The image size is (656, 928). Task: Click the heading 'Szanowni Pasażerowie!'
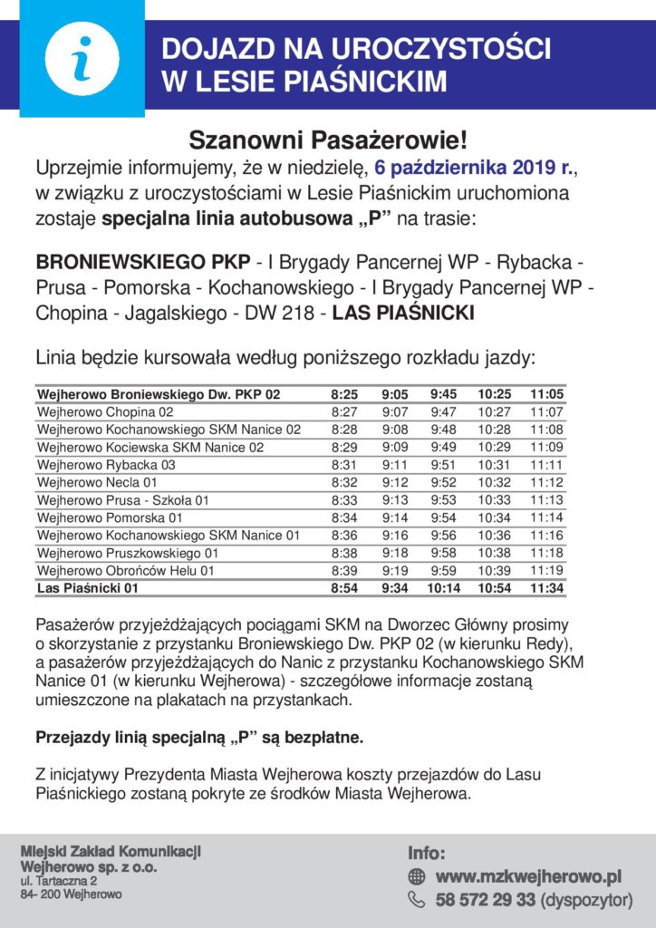[328, 140]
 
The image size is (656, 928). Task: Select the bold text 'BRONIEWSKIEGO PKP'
[144, 263]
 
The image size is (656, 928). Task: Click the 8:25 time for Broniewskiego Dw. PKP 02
[344, 395]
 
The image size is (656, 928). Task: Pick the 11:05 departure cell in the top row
[547, 395]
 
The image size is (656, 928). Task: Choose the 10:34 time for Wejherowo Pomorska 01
[496, 517]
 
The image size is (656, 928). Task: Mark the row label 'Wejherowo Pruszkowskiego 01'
[128, 553]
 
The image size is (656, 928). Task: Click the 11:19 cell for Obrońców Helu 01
[547, 570]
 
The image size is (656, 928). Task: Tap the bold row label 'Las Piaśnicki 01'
[87, 588]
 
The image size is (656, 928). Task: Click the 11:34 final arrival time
[547, 588]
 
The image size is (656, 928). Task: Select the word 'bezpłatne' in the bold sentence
[323, 738]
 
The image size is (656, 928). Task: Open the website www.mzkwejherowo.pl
[528, 876]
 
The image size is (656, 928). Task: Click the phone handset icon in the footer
[417, 900]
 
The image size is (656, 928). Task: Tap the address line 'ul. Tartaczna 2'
[59, 881]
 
